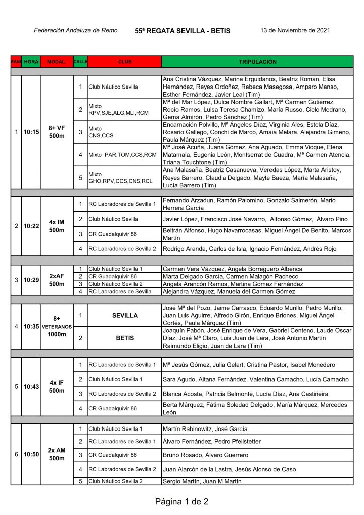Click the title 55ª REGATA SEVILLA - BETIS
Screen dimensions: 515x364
tap(183, 31)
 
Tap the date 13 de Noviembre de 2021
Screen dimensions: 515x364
tap(295, 30)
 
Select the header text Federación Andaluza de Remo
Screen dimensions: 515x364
tap(75, 30)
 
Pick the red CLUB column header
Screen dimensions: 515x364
tap(125, 62)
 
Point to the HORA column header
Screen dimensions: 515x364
tap(31, 62)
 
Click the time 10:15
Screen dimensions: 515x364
tap(31, 132)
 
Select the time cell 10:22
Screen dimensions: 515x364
tap(31, 226)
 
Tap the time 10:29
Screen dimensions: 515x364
tap(31, 280)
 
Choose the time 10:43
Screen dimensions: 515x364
tap(31, 386)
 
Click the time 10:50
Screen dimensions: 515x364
tap(31, 454)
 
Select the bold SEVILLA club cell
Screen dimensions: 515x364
tap(125, 315)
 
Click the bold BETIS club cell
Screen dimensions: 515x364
tap(125, 338)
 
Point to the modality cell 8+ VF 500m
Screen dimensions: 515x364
tap(57, 132)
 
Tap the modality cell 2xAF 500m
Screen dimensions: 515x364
tap(57, 280)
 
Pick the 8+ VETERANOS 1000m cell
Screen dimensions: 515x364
tap(57, 326)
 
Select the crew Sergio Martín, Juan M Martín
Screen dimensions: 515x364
tap(202, 481)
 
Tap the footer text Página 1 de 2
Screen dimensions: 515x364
tap(181, 501)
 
